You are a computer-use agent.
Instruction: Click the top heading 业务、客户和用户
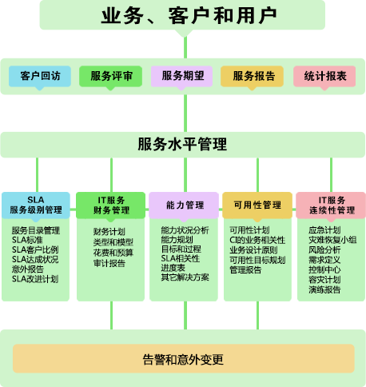[x=189, y=16]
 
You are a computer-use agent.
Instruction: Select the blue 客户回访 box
[x=40, y=76]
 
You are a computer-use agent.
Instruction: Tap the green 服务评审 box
[x=110, y=76]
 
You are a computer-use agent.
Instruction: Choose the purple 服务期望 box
[x=181, y=76]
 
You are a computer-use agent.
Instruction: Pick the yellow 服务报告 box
[x=252, y=76]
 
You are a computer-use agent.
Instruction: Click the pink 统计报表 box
[x=324, y=76]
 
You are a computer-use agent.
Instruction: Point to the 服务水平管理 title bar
[x=183, y=145]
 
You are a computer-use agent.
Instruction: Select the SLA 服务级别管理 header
[x=36, y=205]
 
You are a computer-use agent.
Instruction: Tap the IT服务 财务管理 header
[x=111, y=205]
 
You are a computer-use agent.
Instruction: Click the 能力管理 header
[x=184, y=205]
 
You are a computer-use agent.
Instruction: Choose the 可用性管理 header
[x=257, y=205]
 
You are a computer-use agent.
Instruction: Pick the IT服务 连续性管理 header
[x=331, y=205]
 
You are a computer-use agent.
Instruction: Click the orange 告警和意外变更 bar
[x=184, y=358]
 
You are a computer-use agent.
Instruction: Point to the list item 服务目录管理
[x=36, y=230]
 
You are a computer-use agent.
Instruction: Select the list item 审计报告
[x=109, y=263]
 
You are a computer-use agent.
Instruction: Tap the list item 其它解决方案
[x=185, y=277]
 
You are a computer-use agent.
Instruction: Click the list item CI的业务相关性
[x=257, y=240]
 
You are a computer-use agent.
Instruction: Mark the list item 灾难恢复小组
[x=332, y=240]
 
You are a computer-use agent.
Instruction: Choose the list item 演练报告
[x=324, y=289]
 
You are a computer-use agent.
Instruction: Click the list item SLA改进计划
[x=35, y=279]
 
